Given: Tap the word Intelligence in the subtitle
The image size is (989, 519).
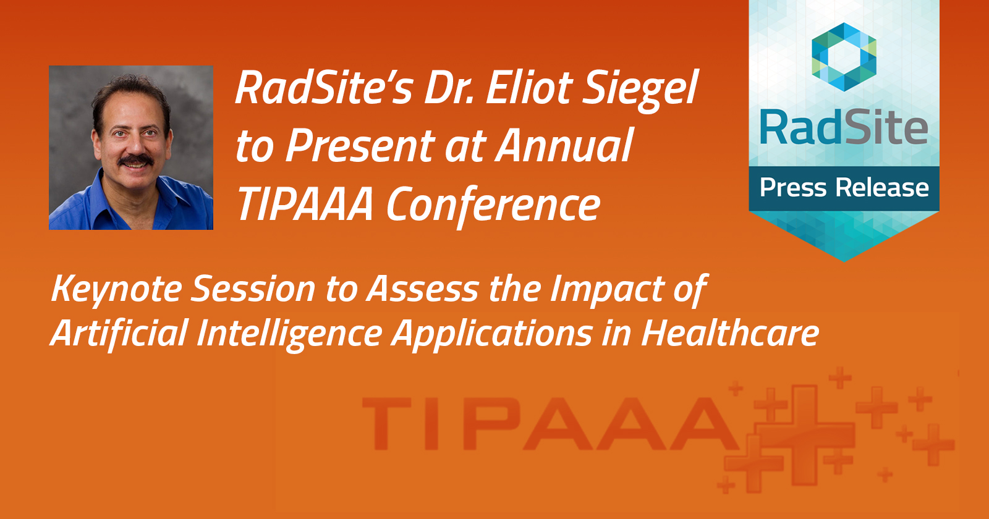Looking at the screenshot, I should [289, 334].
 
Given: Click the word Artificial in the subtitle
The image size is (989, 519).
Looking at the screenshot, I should [119, 334].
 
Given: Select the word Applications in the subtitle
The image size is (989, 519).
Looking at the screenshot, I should [493, 334].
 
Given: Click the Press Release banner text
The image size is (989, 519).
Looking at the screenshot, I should [844, 188].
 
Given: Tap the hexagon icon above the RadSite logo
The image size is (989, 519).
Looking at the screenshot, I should [844, 56].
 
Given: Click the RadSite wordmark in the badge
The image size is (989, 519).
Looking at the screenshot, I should [844, 128].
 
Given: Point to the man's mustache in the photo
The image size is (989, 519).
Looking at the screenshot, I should [136, 161].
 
